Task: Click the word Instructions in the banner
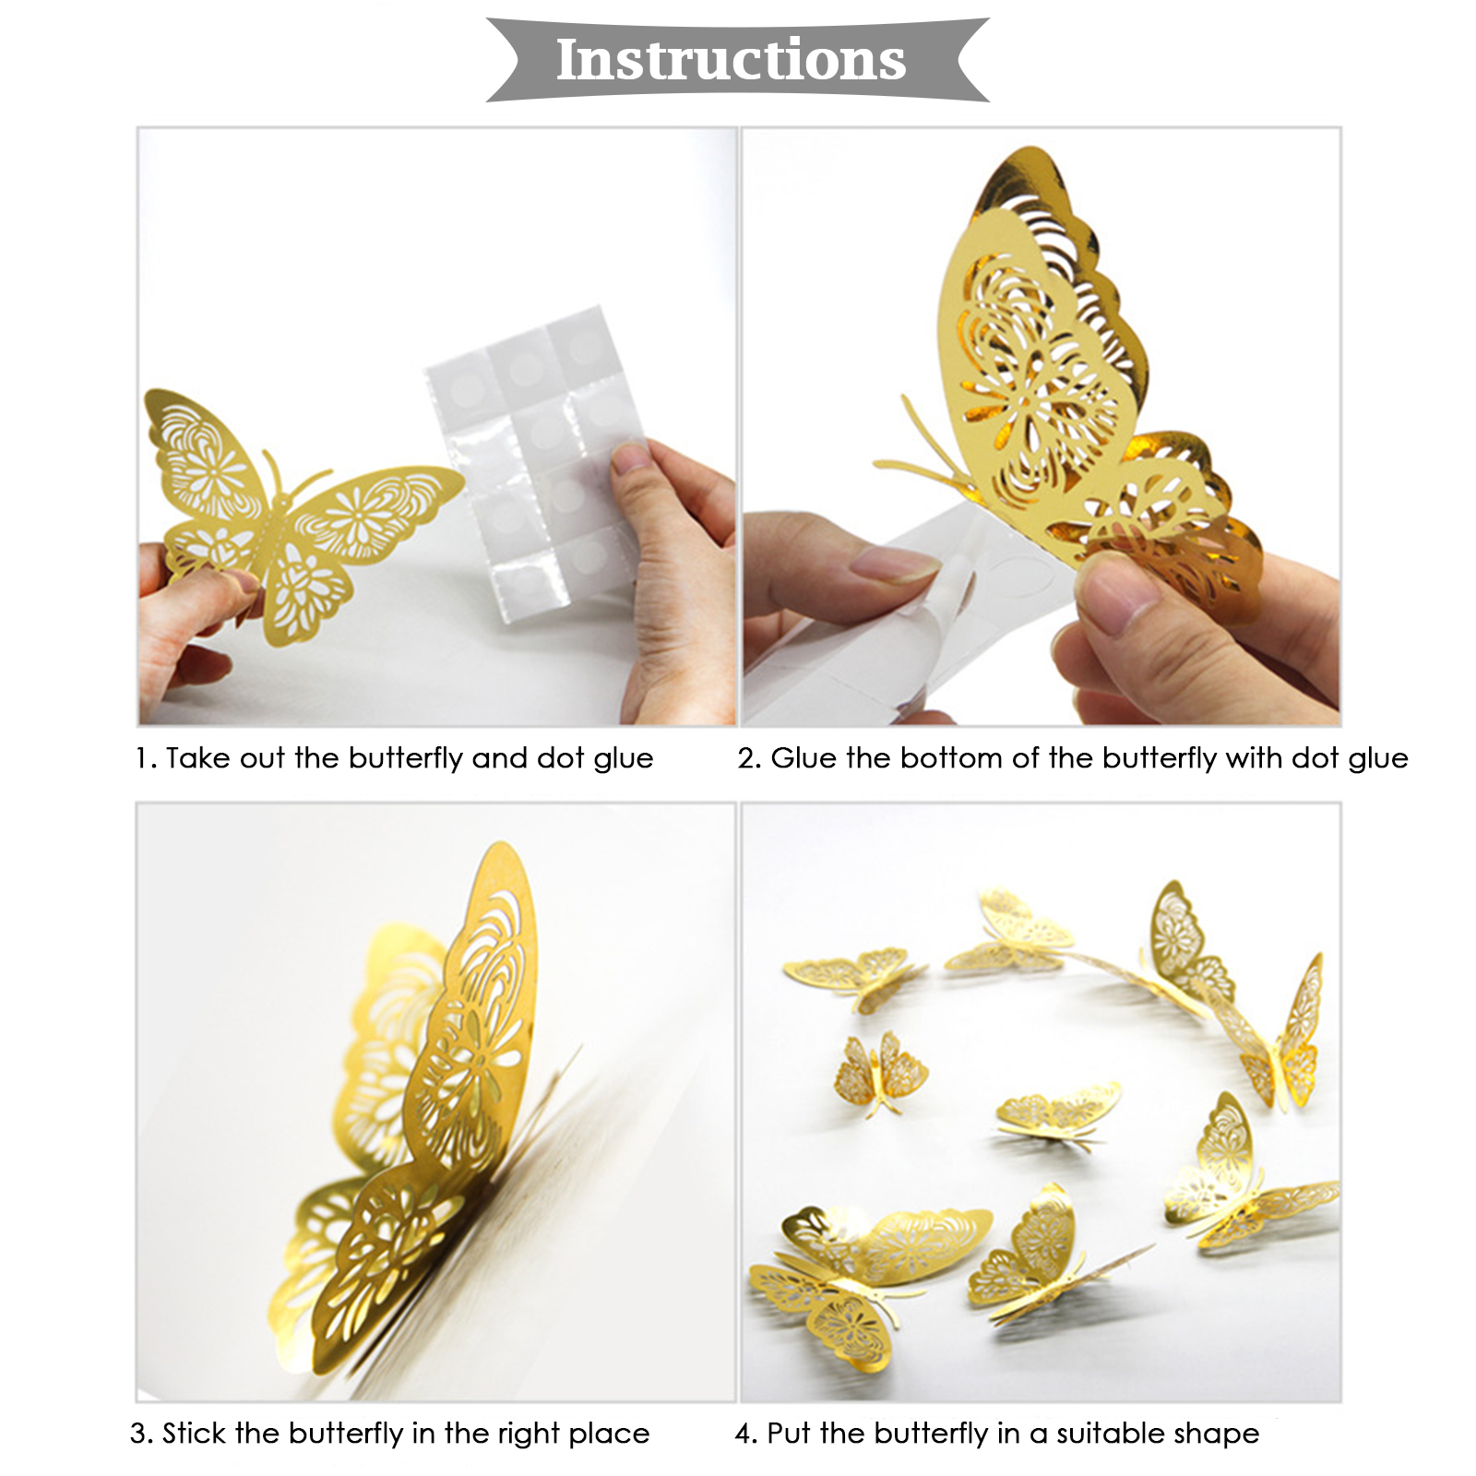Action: click(731, 60)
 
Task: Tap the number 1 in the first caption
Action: click(140, 758)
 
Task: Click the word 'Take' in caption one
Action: click(197, 758)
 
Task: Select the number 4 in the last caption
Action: click(744, 1434)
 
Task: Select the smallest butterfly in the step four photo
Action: click(880, 1072)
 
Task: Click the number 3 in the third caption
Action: click(139, 1434)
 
